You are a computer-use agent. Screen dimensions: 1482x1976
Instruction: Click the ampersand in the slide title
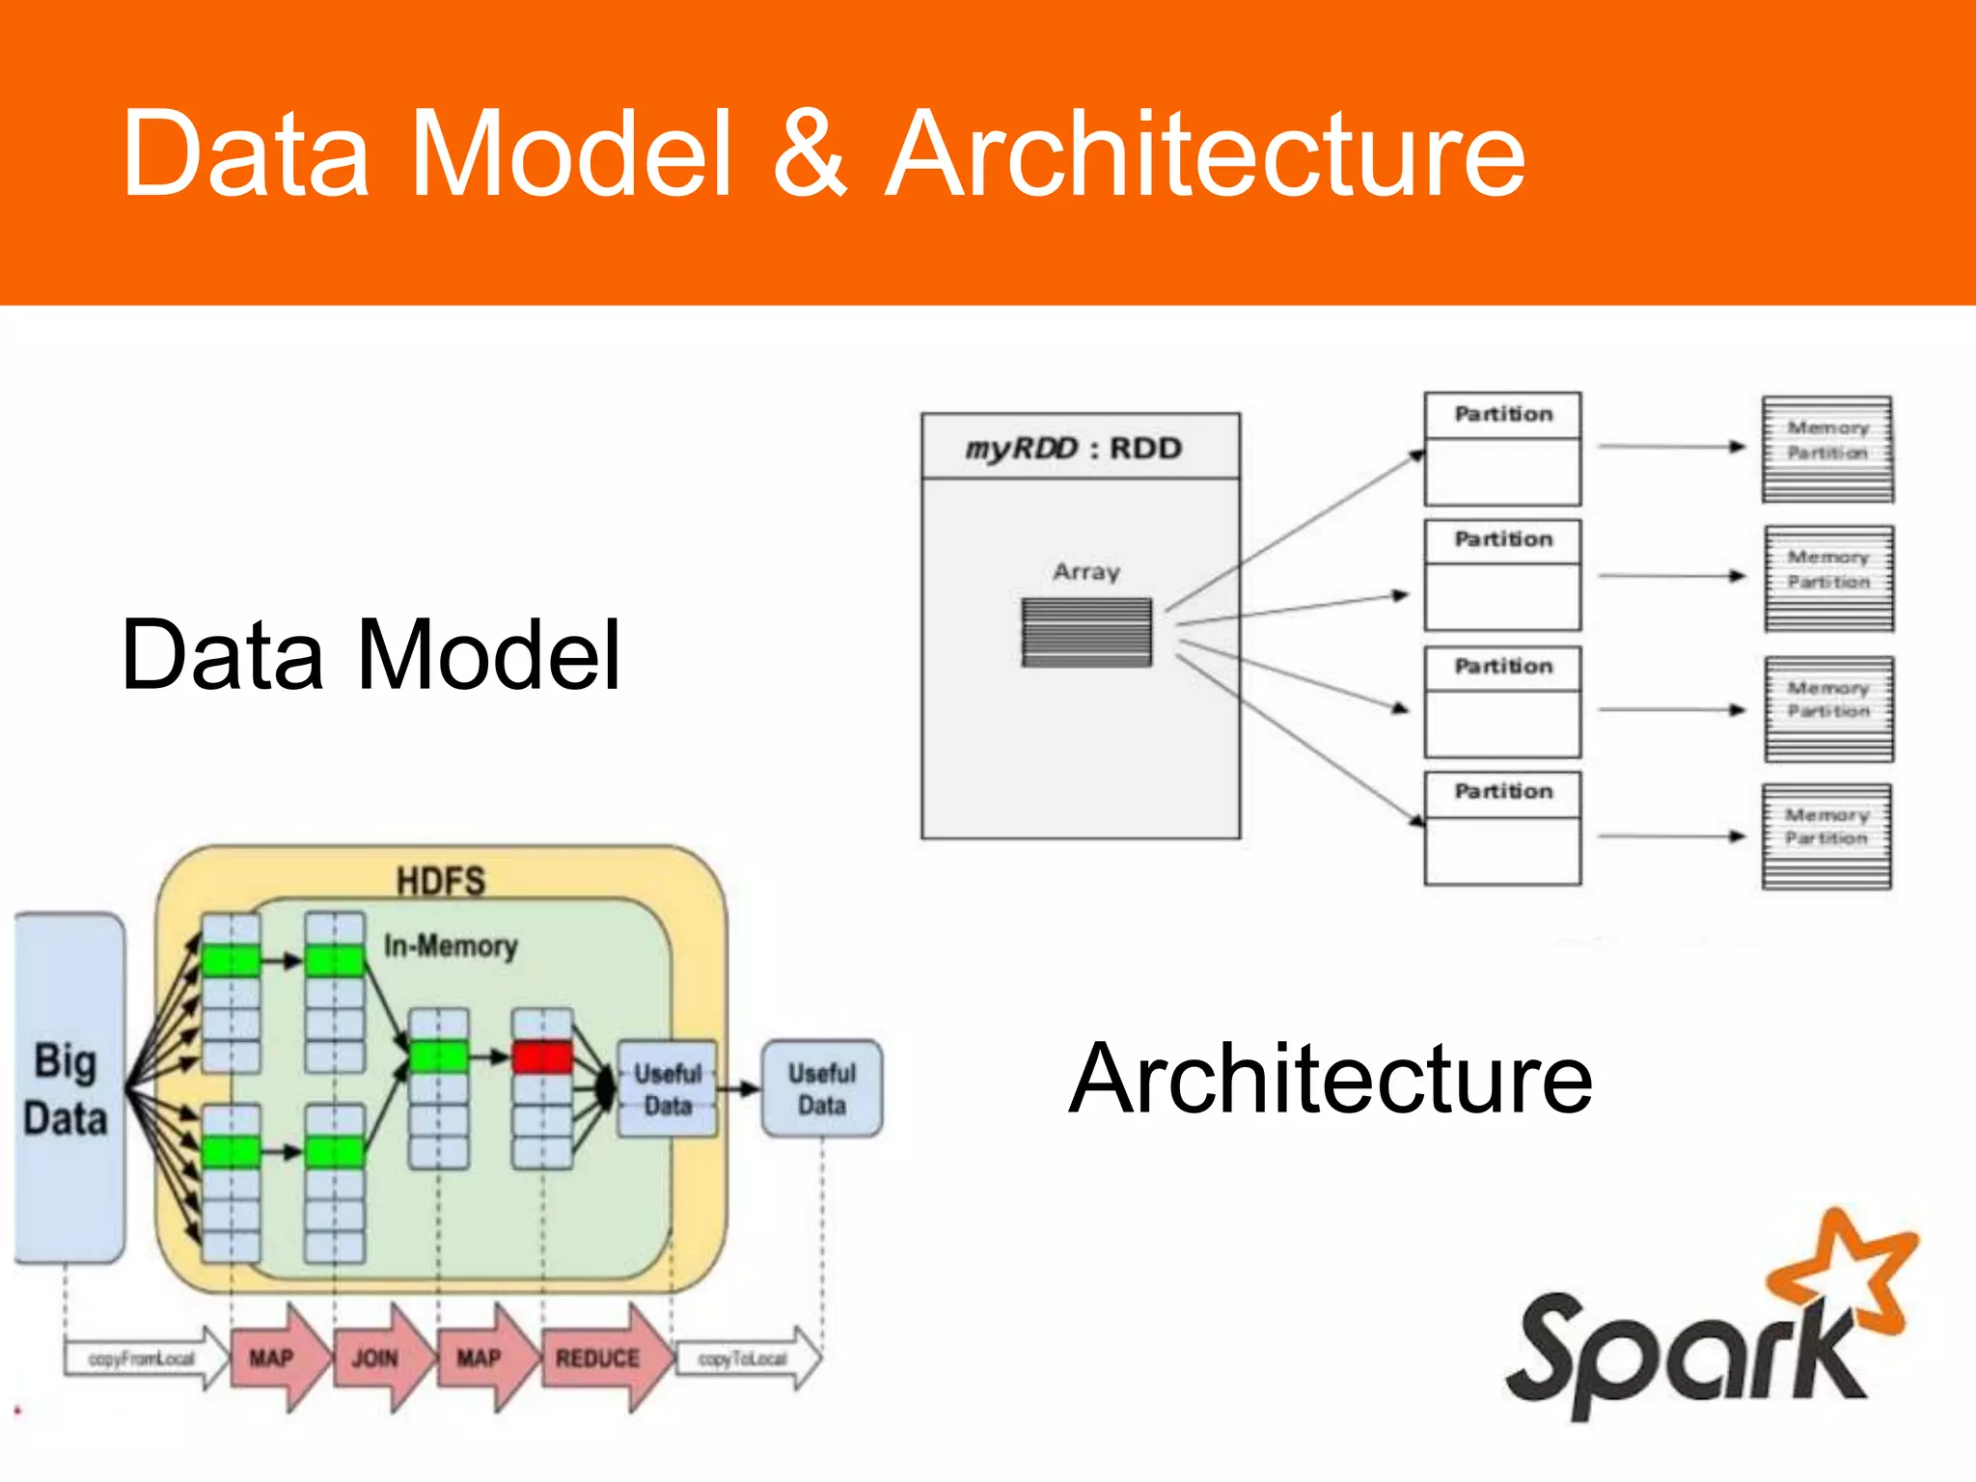click(810, 154)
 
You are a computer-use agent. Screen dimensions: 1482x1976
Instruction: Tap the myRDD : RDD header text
click(1074, 449)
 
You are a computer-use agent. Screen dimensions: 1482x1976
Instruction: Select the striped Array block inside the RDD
click(1086, 632)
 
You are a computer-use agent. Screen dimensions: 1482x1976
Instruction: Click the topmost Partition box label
click(1502, 415)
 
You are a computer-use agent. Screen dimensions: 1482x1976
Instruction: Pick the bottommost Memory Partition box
click(1826, 836)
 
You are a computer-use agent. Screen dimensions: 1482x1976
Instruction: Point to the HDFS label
click(440, 880)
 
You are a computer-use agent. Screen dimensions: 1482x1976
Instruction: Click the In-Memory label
click(450, 946)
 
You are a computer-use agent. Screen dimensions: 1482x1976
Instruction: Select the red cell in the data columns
click(542, 1057)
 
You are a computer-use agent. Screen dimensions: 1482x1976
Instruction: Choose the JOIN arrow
click(379, 1358)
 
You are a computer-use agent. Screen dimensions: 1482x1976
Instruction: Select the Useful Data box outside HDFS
click(822, 1088)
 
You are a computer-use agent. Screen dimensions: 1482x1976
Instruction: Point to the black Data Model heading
click(370, 655)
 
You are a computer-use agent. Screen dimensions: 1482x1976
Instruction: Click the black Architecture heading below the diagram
click(1331, 1079)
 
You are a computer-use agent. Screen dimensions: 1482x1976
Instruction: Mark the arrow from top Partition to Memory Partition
click(1671, 447)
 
